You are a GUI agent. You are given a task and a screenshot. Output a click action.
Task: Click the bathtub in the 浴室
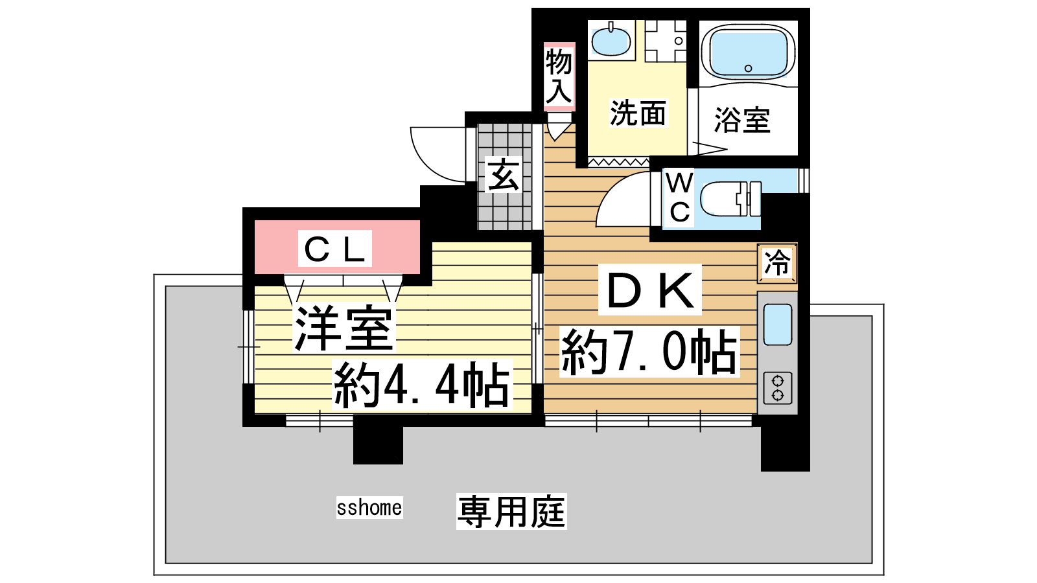(x=748, y=52)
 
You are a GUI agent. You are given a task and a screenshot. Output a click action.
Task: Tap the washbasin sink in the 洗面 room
(x=611, y=40)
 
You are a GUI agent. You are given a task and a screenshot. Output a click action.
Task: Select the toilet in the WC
(x=731, y=199)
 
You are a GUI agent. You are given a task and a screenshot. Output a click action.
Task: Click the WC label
(x=680, y=198)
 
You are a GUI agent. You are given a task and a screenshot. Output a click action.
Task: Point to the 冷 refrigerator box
(x=777, y=263)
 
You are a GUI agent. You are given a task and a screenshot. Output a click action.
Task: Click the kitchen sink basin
(x=777, y=325)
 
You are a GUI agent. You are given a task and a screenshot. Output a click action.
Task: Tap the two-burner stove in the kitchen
(x=777, y=388)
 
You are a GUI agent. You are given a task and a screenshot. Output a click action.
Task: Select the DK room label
(x=650, y=290)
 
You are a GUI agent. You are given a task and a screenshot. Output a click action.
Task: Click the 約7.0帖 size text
(x=649, y=352)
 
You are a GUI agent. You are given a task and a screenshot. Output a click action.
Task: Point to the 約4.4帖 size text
(x=422, y=385)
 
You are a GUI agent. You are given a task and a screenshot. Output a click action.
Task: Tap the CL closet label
(x=334, y=249)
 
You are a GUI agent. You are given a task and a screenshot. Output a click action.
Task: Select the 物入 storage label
(x=559, y=76)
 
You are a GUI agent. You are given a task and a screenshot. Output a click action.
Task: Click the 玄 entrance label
(x=503, y=175)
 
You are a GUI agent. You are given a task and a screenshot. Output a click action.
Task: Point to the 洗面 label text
(x=638, y=113)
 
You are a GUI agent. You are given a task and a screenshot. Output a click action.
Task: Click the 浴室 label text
(x=742, y=120)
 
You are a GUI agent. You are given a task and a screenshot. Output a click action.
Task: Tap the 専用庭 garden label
(x=511, y=511)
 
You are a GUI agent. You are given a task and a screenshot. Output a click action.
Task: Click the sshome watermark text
(x=369, y=508)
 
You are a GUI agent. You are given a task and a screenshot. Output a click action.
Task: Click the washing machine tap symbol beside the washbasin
(x=666, y=41)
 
